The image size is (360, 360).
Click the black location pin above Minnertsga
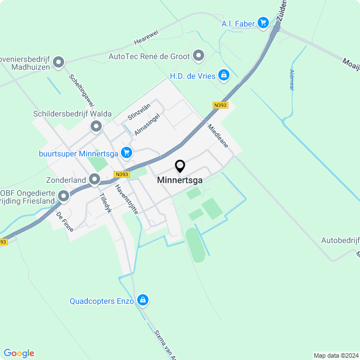[180, 166]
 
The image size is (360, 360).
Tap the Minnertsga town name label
[180, 181]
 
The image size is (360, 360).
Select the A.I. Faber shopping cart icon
[263, 22]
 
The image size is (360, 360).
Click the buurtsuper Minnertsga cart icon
[126, 152]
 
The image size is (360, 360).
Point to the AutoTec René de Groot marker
[199, 56]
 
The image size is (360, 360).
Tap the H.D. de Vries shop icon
[224, 75]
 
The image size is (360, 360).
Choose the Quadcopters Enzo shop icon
[143, 300]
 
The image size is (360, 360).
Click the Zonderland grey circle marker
[94, 179]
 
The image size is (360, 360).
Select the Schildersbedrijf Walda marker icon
[97, 127]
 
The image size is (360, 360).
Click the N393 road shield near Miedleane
[220, 105]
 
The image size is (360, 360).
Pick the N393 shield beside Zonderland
[121, 174]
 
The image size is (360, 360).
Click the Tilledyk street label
[106, 203]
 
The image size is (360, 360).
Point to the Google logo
[19, 353]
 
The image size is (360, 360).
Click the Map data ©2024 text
[336, 355]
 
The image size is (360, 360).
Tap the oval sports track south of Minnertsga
[195, 245]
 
